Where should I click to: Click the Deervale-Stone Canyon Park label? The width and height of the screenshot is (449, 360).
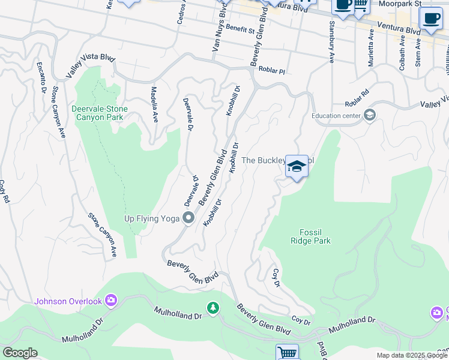(x=97, y=113)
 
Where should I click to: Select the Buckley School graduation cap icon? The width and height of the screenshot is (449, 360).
(x=297, y=166)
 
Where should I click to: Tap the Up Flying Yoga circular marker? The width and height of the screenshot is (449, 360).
(x=188, y=218)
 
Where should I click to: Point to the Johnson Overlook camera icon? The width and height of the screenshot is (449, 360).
(x=110, y=300)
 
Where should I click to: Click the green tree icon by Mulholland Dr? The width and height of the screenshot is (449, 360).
(x=212, y=308)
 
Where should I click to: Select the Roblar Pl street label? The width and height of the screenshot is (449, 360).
(x=271, y=70)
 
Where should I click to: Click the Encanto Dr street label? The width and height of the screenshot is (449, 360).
(x=41, y=78)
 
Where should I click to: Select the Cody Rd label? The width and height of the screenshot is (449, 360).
(x=3, y=191)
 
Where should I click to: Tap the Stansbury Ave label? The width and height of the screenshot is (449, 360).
(x=331, y=41)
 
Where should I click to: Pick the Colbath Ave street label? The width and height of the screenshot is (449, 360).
(x=402, y=54)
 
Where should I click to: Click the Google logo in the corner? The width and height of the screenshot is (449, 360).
(x=20, y=353)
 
